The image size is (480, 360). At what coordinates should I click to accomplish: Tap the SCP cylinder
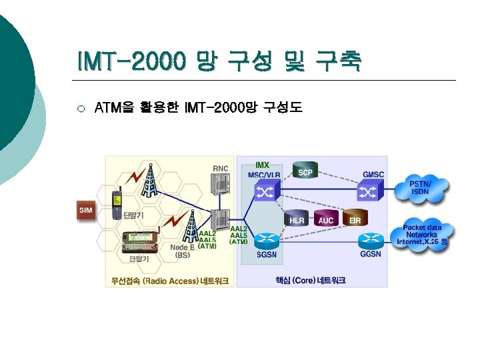(x=305, y=171)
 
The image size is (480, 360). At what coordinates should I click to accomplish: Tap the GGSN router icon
(x=370, y=241)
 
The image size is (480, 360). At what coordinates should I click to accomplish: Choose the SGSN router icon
(x=267, y=240)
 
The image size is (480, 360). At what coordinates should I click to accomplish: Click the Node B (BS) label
(x=182, y=251)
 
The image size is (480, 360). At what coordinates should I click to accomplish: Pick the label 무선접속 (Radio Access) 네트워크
(x=170, y=281)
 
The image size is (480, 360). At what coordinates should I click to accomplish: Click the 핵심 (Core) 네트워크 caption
(x=311, y=281)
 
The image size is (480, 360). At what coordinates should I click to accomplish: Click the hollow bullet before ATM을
(x=81, y=108)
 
